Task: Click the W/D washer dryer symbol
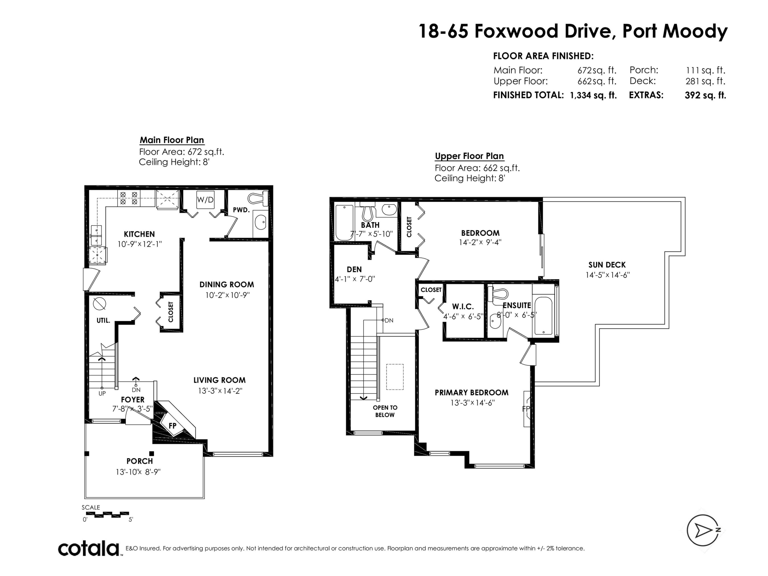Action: click(x=205, y=200)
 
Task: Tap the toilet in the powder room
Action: click(x=258, y=198)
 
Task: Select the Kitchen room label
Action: click(x=139, y=234)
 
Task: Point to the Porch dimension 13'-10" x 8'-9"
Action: click(x=138, y=472)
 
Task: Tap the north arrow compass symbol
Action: click(x=703, y=530)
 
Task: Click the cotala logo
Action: click(x=89, y=549)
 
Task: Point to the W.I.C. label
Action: click(x=463, y=307)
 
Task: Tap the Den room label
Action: click(x=354, y=269)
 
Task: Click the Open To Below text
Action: click(x=385, y=411)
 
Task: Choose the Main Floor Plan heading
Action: click(x=172, y=140)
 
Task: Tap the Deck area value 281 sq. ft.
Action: click(x=706, y=81)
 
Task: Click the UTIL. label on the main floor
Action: click(x=103, y=321)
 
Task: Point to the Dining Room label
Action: click(x=227, y=285)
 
